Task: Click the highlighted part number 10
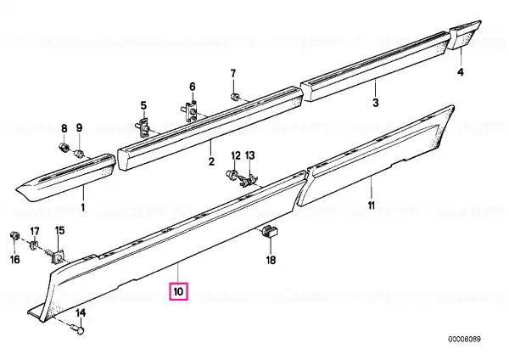point(178,291)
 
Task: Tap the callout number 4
point(461,72)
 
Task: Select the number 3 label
point(375,103)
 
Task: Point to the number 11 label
point(372,205)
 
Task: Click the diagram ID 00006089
point(465,340)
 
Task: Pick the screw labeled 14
point(78,329)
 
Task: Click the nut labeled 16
point(14,235)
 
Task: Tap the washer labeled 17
point(33,245)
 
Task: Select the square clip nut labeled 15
point(57,256)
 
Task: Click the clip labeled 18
point(270,231)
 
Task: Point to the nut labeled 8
point(64,147)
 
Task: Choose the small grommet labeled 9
point(80,153)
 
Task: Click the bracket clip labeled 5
point(144,127)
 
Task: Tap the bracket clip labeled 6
point(190,111)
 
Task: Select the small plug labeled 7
point(235,96)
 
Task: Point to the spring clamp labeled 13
point(248,181)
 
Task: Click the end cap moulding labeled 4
point(464,34)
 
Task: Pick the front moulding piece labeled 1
point(65,177)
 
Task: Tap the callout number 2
point(211,161)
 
